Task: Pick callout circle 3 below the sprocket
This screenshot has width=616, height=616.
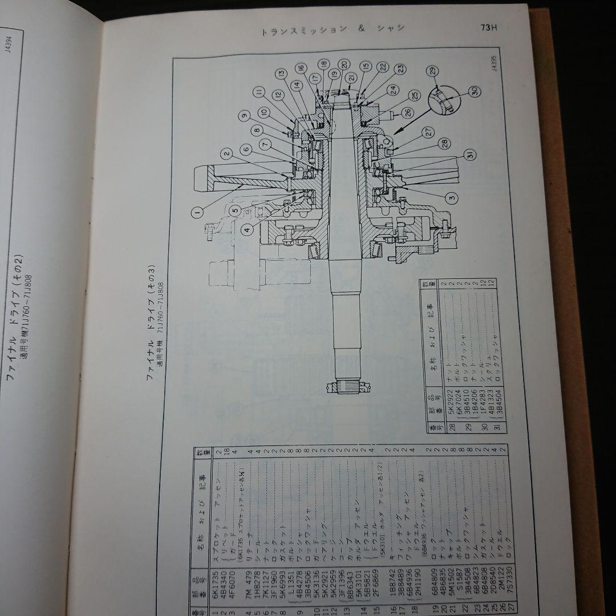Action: tap(451, 197)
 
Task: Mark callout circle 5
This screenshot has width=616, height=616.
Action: tap(235, 210)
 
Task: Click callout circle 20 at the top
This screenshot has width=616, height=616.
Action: tap(343, 64)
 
